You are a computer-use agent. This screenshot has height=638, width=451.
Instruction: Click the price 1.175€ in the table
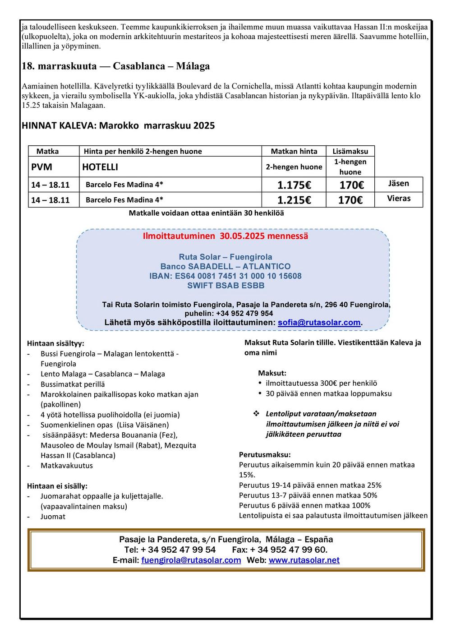pyautogui.click(x=294, y=185)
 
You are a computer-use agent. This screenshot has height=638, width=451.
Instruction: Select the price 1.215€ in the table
pyautogui.click(x=294, y=200)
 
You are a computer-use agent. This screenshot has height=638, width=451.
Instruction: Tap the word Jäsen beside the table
pyautogui.click(x=399, y=183)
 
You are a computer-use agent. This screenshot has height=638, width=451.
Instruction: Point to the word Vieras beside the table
pyautogui.click(x=399, y=198)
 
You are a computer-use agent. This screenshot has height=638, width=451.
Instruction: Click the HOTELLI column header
pyautogui.click(x=100, y=167)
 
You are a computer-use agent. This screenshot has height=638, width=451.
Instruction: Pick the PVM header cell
pyautogui.click(x=41, y=167)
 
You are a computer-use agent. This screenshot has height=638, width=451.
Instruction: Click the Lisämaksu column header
pyautogui.click(x=350, y=151)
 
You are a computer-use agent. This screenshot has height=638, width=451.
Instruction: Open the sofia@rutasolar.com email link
pyautogui.click(x=319, y=323)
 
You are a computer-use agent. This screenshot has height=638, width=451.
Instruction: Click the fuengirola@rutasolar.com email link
pyautogui.click(x=191, y=560)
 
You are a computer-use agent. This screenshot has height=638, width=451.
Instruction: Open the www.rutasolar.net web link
pyautogui.click(x=304, y=560)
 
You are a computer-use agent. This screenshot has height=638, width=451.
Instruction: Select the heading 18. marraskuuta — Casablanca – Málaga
pyautogui.click(x=116, y=66)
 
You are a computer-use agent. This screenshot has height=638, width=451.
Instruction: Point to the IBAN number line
pyautogui.click(x=225, y=276)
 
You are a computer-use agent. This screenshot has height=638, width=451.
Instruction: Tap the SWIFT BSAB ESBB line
pyautogui.click(x=226, y=285)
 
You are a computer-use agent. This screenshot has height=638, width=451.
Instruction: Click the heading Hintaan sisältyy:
pyautogui.click(x=55, y=343)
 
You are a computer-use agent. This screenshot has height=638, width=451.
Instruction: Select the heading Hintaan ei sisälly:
pyautogui.click(x=57, y=486)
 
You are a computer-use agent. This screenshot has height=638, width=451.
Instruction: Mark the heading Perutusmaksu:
pyautogui.click(x=265, y=454)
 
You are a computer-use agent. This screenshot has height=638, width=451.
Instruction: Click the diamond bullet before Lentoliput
pyautogui.click(x=256, y=414)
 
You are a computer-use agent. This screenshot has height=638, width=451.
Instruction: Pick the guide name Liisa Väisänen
pyautogui.click(x=143, y=425)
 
